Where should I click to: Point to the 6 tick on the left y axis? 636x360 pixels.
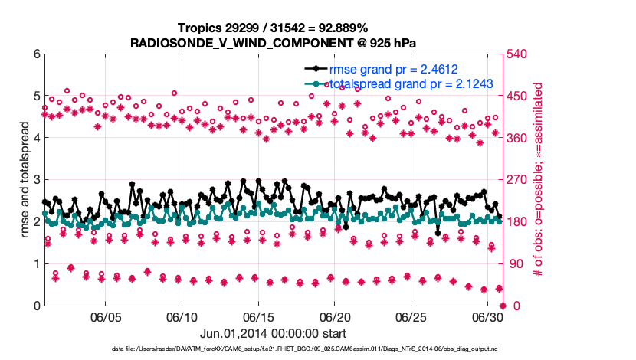(x=36, y=54)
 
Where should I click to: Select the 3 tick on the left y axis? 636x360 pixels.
(x=36, y=180)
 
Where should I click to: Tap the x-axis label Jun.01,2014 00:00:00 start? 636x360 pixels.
(x=274, y=333)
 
